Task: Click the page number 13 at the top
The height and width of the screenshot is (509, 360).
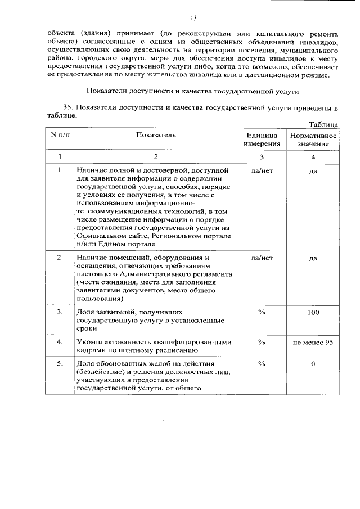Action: (x=193, y=19)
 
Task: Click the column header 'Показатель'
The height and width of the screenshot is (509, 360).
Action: (x=156, y=135)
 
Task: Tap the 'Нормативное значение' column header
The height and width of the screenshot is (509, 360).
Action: (x=313, y=139)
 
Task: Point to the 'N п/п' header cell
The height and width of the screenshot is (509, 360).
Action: (x=60, y=135)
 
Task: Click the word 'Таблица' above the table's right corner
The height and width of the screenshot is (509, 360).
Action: (x=323, y=124)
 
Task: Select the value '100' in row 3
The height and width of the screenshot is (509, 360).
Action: (x=313, y=312)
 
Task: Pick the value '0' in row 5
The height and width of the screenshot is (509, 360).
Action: (x=313, y=364)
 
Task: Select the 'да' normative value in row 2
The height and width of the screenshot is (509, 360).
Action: (x=313, y=258)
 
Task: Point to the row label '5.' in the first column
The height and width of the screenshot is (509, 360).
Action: (x=60, y=364)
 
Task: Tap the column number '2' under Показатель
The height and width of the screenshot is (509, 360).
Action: (x=156, y=156)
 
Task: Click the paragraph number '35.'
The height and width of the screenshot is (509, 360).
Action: (x=69, y=107)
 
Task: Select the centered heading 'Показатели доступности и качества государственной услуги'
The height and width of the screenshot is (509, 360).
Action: (x=193, y=91)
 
